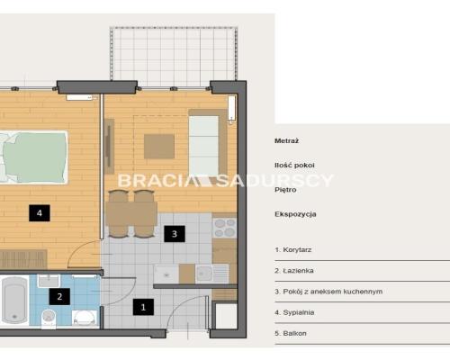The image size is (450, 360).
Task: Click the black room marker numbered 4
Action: (40, 213)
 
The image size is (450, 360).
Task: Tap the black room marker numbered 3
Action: (175, 234)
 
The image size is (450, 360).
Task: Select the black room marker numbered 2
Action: (59, 296)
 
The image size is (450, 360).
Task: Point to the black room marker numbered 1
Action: (143, 307)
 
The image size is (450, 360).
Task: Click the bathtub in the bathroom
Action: (14, 300)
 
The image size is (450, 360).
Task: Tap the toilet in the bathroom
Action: (49, 319)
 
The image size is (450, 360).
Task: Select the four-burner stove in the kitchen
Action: (225, 228)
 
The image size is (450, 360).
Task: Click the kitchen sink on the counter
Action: (204, 274)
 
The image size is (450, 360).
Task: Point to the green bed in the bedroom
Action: (33, 157)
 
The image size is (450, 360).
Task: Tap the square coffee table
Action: (159, 147)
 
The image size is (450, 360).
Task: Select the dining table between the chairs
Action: (131, 213)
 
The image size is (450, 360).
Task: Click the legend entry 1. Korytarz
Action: (293, 249)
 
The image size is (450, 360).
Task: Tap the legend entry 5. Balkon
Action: (291, 333)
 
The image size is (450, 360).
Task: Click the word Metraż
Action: (286, 140)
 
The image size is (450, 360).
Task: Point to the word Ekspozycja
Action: (295, 214)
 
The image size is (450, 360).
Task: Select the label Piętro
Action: (285, 190)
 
